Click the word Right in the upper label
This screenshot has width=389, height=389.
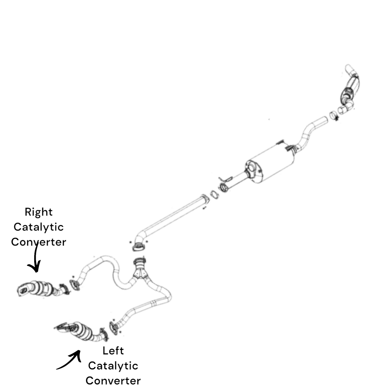point(38,212)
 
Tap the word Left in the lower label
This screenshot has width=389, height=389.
point(113,351)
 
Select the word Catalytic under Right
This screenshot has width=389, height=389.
point(38,227)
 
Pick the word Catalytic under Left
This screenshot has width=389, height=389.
point(113,366)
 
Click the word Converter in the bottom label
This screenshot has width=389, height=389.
point(113,381)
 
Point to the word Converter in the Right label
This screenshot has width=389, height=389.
point(38,242)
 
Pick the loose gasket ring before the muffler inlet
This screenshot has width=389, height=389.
point(214,194)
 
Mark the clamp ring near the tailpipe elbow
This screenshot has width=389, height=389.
point(333,115)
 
